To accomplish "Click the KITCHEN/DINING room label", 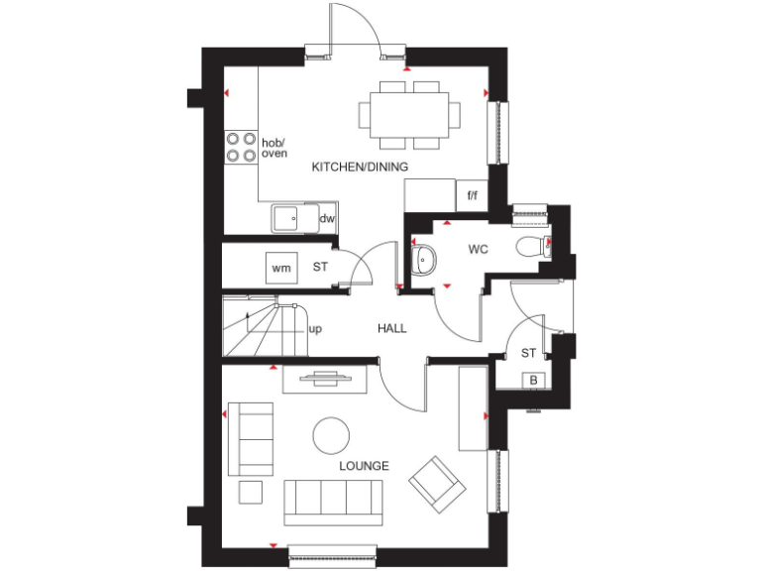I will pyautogui.click(x=360, y=167).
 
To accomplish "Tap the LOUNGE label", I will pyautogui.click(x=365, y=466).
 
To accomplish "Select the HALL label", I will pyautogui.click(x=391, y=328).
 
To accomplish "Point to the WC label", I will pyautogui.click(x=479, y=250).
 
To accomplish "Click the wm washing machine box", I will pyautogui.click(x=280, y=267).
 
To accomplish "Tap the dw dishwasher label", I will pyautogui.click(x=326, y=219).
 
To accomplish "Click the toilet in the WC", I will pyautogui.click(x=532, y=246).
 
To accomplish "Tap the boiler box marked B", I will pyautogui.click(x=533, y=380).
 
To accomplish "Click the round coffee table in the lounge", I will pyautogui.click(x=331, y=435).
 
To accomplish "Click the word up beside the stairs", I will pyautogui.click(x=315, y=328).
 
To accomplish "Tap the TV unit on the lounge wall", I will pyautogui.click(x=326, y=377).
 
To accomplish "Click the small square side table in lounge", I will pyautogui.click(x=251, y=492).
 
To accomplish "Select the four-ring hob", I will pyautogui.click(x=240, y=148).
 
